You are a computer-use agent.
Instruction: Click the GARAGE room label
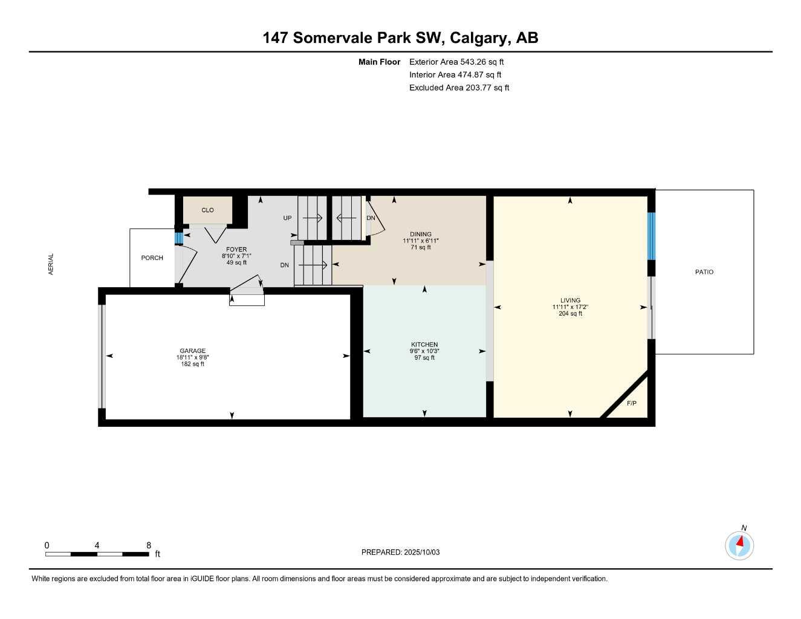[x=192, y=351]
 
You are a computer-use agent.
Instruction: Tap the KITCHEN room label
[x=424, y=345]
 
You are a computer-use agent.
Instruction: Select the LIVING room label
[x=570, y=300]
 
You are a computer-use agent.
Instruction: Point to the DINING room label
[x=421, y=234]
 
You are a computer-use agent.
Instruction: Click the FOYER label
[x=236, y=249]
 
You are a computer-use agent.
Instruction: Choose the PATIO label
[x=704, y=272]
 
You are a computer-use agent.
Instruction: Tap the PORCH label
[x=152, y=258]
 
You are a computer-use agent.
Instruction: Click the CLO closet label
[x=207, y=210]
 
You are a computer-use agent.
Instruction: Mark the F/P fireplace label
[x=632, y=403]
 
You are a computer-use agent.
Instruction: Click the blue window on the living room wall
[x=651, y=236]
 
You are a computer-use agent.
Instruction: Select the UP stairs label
[x=288, y=218]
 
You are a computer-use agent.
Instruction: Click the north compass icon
[x=739, y=545]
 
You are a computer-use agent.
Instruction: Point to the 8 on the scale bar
[x=149, y=545]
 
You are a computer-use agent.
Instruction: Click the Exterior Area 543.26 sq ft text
[x=456, y=62]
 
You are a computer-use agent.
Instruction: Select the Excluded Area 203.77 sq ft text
[x=459, y=88]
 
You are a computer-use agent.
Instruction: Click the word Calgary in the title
[x=479, y=38]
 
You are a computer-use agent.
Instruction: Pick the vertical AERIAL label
[x=51, y=264]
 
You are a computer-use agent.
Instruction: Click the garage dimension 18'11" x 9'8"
[x=192, y=357]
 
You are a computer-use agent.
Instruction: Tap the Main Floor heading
[x=379, y=62]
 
